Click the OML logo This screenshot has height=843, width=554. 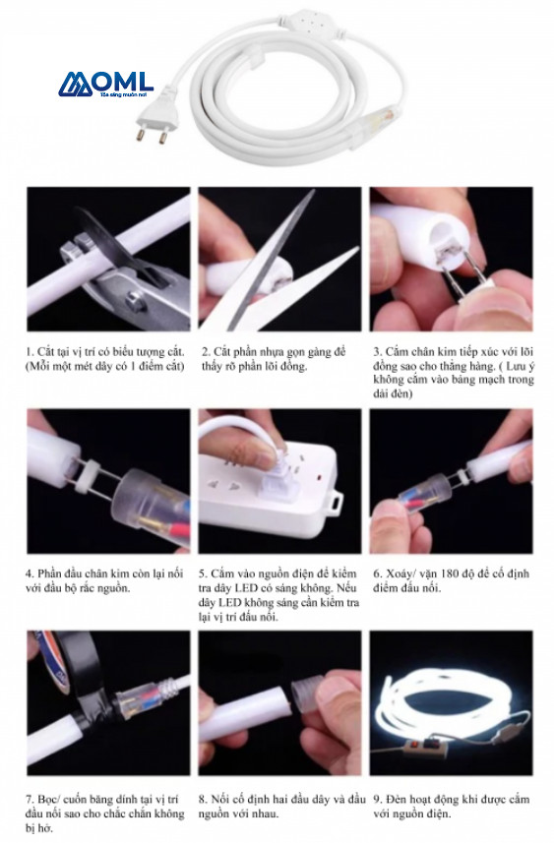(106, 85)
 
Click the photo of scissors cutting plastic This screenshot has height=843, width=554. (279, 259)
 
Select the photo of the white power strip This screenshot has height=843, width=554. (279, 481)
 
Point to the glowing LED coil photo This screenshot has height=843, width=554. (451, 702)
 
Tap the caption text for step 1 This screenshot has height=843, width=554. (105, 359)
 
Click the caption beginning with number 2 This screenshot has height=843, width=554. (274, 359)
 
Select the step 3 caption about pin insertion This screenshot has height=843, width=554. (454, 373)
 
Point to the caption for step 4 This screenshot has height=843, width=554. (104, 580)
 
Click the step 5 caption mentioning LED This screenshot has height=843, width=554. (278, 594)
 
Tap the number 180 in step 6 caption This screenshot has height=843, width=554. (450, 573)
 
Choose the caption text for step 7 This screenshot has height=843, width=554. (104, 813)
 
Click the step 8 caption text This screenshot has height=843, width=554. (281, 806)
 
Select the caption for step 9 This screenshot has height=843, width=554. (452, 806)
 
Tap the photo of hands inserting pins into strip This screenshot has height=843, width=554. (451, 259)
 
